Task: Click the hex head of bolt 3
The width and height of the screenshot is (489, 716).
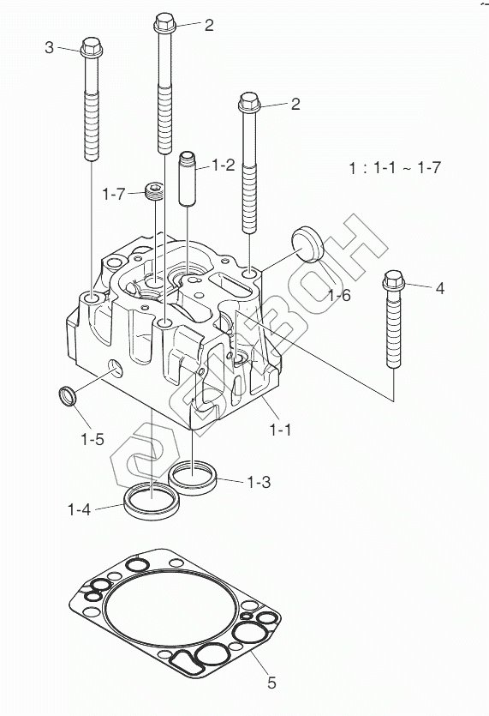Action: click(x=92, y=47)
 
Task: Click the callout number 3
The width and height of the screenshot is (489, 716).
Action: click(x=50, y=47)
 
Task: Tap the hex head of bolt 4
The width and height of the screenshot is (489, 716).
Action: click(x=394, y=281)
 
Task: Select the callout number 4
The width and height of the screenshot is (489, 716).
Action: click(x=439, y=288)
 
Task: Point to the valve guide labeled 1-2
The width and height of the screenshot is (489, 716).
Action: click(x=188, y=178)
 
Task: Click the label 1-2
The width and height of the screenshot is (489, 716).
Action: click(x=223, y=165)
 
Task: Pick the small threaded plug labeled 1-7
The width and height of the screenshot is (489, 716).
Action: click(x=154, y=191)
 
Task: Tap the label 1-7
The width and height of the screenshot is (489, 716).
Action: click(x=114, y=194)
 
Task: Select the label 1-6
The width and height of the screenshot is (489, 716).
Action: click(x=339, y=296)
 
